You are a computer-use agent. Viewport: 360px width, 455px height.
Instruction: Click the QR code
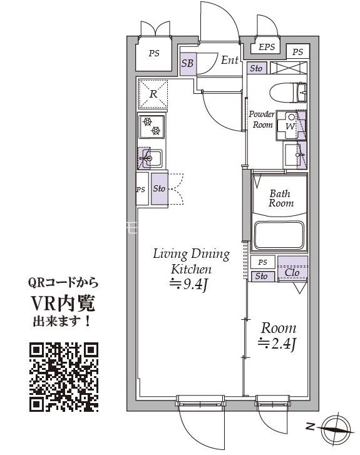pos(64,377)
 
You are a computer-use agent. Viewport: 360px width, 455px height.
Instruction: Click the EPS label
pos(267,47)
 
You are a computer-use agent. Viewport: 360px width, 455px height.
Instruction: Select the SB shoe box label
pos(187,63)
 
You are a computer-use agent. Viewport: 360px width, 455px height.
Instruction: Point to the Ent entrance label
pos(230,60)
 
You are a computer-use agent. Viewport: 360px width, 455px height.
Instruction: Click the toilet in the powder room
pos(288,92)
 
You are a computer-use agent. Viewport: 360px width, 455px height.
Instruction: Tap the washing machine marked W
pos(291,125)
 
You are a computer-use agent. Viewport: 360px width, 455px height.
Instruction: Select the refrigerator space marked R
pos(153,94)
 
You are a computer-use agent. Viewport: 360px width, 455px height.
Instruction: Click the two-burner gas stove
pos(152,126)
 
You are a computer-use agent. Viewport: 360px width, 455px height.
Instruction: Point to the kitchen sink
pos(151,158)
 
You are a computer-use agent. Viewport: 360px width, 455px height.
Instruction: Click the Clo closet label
pos(292,272)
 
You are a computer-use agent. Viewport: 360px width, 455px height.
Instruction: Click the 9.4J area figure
pos(189,285)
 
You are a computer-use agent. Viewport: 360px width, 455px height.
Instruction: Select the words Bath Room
pos(280,198)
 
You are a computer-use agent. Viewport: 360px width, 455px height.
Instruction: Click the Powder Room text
pos(262,120)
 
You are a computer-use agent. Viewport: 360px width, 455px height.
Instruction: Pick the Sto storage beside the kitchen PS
pos(160,188)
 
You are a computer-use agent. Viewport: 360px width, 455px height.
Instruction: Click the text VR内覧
pos(63,304)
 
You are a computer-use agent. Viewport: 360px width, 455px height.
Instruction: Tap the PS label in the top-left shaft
pos(154,53)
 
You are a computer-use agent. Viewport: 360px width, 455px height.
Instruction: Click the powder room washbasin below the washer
pos(295,155)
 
